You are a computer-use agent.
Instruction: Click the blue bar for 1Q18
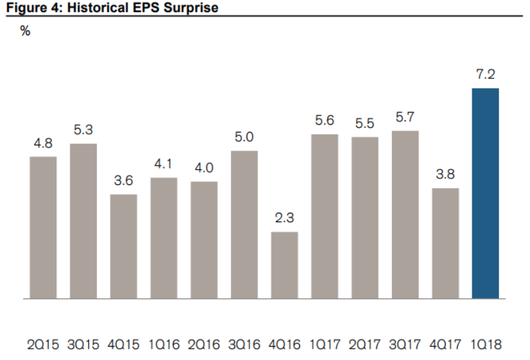click(485, 193)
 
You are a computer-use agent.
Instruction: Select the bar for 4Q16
click(284, 265)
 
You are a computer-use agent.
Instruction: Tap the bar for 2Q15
click(43, 227)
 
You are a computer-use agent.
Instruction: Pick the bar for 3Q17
click(405, 214)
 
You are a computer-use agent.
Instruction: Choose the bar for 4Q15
click(123, 246)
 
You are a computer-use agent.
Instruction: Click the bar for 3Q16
click(244, 224)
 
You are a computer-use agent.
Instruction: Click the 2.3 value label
click(285, 218)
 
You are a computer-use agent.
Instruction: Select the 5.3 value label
click(83, 130)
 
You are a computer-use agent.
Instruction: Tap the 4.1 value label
click(164, 164)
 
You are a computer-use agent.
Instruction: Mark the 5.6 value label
click(325, 121)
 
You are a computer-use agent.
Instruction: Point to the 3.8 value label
click(446, 174)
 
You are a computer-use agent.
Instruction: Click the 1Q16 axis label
click(164, 345)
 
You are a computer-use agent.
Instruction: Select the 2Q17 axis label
click(365, 345)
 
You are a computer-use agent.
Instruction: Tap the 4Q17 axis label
click(446, 345)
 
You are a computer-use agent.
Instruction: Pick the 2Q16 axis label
click(204, 345)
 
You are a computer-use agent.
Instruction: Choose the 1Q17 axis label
click(325, 345)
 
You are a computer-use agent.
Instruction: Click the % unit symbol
click(25, 30)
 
